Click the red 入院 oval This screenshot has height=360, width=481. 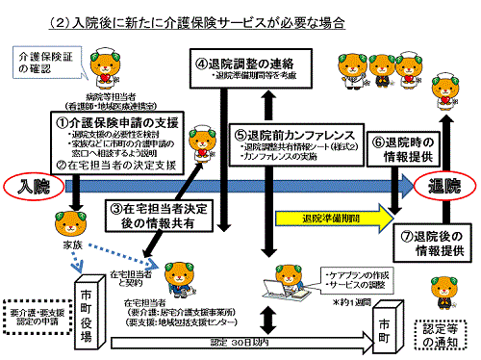click(x=33, y=182)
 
